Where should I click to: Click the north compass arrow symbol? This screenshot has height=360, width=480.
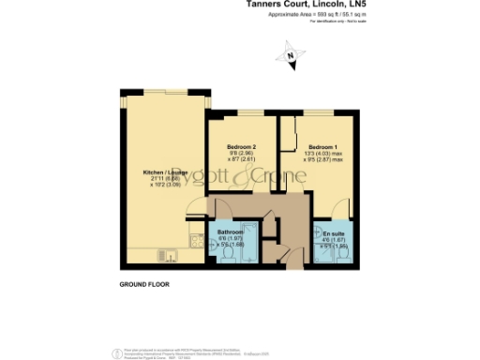click(290, 58)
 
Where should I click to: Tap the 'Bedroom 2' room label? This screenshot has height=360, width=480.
click(242, 147)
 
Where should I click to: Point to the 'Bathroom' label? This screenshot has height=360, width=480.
click(231, 232)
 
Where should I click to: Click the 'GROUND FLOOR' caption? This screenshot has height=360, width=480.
click(144, 282)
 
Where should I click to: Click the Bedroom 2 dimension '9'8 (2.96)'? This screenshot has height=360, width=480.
click(242, 154)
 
